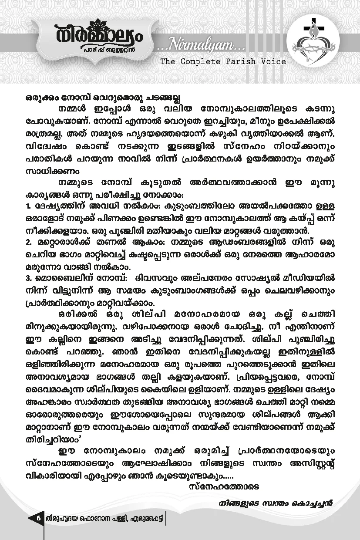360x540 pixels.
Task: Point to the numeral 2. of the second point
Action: click(28, 241)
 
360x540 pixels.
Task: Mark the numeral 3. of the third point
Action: click(28, 277)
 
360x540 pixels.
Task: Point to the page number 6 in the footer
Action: click(38, 519)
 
